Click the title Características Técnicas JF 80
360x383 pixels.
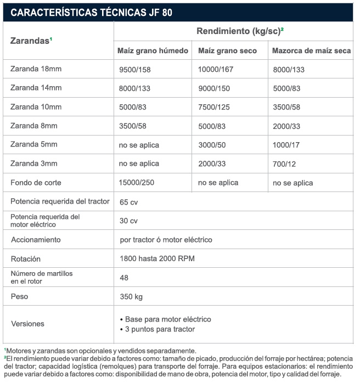(92, 12)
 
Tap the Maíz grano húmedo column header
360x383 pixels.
(153, 50)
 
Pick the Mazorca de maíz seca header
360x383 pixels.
(311, 50)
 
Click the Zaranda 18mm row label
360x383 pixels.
(36, 69)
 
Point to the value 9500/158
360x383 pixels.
(135, 70)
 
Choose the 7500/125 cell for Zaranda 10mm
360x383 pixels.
(213, 107)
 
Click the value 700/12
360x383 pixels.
(285, 164)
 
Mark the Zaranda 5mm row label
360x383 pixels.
(34, 144)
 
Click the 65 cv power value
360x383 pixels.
(129, 202)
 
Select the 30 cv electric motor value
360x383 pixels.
(129, 221)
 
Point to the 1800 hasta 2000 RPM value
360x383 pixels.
(157, 258)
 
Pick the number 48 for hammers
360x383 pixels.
(124, 278)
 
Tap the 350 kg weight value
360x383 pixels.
(131, 297)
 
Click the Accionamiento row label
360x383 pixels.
(36, 240)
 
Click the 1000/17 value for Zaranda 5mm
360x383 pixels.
(286, 145)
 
